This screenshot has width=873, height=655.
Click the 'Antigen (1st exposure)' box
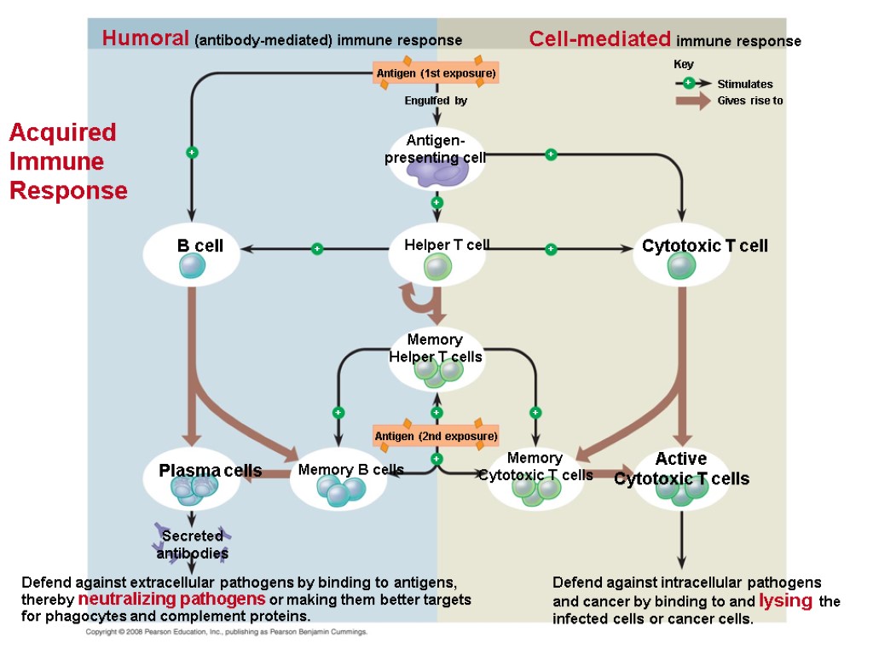436,74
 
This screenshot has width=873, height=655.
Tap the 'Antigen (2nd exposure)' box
436,437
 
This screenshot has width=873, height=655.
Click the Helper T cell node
437,255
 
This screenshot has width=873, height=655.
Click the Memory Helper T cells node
436,357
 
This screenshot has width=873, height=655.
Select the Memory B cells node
339,482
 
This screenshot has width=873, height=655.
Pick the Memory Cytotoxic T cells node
535,478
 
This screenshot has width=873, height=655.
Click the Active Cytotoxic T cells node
681,478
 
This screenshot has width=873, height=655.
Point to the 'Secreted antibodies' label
193,544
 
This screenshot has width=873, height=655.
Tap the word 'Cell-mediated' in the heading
600,39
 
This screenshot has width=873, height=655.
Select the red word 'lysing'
787,600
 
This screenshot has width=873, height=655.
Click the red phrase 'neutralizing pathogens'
171,598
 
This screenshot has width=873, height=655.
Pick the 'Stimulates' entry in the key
744,84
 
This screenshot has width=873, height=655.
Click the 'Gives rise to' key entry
749,101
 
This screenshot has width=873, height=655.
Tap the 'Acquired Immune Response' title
67,161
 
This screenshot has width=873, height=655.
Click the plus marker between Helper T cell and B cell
317,249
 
